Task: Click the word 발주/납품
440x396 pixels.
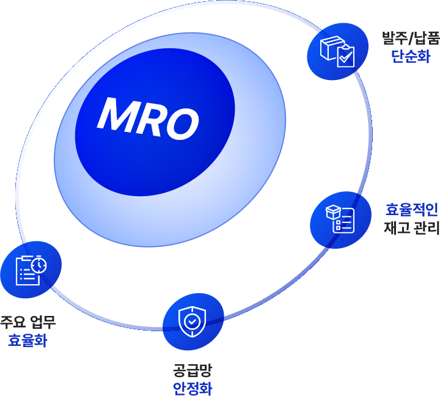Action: (x=410, y=38)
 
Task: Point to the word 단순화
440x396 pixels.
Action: (x=411, y=56)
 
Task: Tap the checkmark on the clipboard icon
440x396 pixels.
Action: (x=346, y=57)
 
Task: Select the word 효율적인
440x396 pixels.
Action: (x=414, y=210)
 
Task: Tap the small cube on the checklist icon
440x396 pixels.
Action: (x=333, y=211)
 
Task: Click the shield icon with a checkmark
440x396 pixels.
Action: (x=192, y=321)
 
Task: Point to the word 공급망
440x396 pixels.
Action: (x=192, y=370)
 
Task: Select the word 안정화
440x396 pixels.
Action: (x=192, y=388)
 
